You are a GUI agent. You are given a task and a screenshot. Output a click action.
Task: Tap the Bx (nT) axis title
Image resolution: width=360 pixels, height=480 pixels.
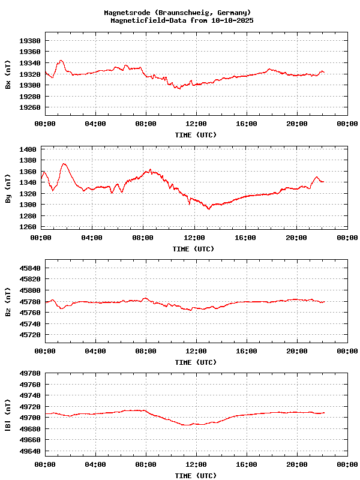(x=8, y=77)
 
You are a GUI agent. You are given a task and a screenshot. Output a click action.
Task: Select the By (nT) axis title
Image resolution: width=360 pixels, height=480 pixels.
(x=8, y=191)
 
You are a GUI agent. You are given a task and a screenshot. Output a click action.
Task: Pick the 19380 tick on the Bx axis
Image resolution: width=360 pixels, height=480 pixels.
(x=30, y=41)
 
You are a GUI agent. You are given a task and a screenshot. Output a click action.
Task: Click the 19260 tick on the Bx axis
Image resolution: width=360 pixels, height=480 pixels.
(x=30, y=107)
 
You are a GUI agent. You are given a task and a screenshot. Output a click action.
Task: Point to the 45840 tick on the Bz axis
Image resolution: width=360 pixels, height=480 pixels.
(x=30, y=268)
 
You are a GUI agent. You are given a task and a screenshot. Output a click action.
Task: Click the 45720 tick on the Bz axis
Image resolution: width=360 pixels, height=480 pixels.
(x=30, y=335)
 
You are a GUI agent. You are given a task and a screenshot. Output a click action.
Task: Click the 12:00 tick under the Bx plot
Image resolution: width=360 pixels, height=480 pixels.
(x=196, y=124)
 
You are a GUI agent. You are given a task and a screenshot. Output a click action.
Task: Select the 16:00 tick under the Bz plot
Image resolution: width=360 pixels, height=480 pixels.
(x=247, y=351)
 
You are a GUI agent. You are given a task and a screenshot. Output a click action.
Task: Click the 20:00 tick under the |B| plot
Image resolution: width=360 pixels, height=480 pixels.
(x=297, y=464)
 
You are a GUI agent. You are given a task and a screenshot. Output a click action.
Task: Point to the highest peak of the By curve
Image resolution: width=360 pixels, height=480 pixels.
(x=64, y=164)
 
